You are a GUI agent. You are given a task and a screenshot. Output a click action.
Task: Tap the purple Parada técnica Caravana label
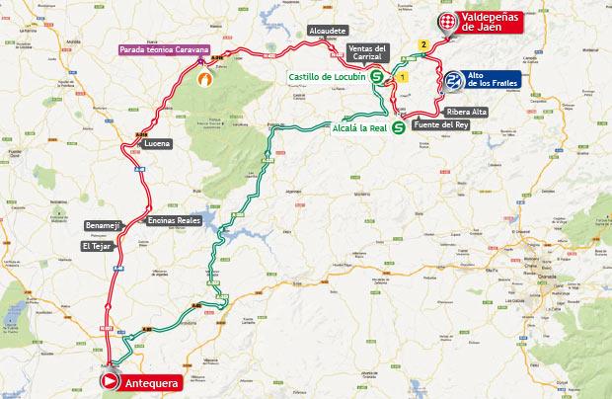pos(162,49)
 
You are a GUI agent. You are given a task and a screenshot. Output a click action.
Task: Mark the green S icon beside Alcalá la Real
pos(398,127)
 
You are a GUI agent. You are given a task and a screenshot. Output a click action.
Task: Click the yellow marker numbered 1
pos(403,77)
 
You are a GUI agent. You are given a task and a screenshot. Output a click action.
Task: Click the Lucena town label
pos(157,143)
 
